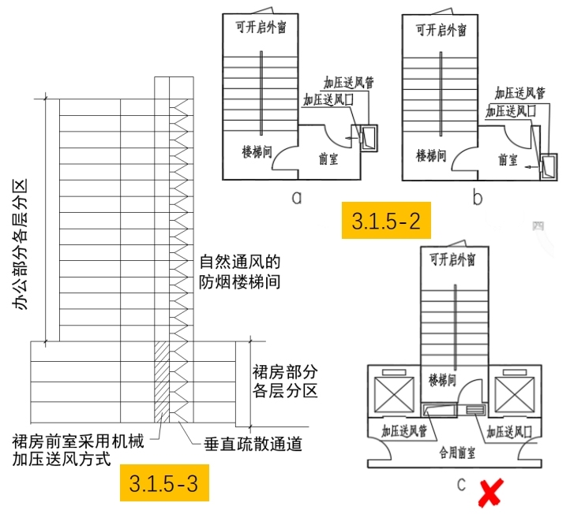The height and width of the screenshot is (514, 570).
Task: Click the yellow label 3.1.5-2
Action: pos(386,222)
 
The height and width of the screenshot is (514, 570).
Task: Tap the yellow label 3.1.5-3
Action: pos(164,482)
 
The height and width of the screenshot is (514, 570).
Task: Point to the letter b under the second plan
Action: pos(478,197)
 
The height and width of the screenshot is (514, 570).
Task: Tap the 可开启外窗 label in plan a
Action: pos(260,27)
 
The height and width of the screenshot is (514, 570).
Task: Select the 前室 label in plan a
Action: pos(329,158)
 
